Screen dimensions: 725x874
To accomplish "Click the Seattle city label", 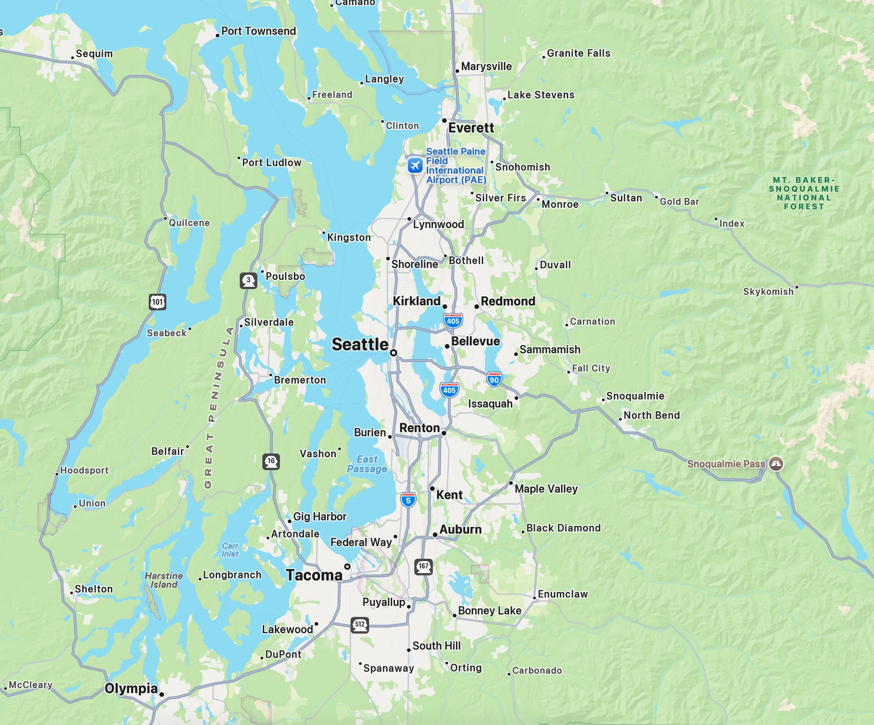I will pos(360,344).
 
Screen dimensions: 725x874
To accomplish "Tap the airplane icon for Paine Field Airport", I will pos(415,165).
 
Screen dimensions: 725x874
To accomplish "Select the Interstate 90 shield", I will pos(494,380).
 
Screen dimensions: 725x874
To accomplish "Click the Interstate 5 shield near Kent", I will pos(408,500).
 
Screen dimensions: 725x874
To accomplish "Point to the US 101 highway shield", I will pos(158,302).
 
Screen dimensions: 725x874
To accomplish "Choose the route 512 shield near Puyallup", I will pos(360,625).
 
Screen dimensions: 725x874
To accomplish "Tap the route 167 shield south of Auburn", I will pos(423,567).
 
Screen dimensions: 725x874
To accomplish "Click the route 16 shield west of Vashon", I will pos(271,461).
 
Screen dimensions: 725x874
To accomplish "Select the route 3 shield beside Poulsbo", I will pos(249,280).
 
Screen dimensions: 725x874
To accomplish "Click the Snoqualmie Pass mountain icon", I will pos(776,463).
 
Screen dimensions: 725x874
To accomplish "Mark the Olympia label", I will pos(131,689).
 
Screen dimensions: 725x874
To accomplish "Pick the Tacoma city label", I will pos(314,575).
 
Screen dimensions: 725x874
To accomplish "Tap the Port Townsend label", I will pos(259,31).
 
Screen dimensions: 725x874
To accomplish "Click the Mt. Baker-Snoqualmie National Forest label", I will pos(804,193).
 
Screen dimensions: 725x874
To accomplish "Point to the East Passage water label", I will pos(367,464).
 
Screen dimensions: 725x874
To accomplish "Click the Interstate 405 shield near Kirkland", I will pos(453,321).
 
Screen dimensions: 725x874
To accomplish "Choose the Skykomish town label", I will pos(768,291).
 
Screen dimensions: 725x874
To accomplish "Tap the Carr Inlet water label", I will pos(230,550).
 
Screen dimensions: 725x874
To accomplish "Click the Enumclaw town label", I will pos(563,594).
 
